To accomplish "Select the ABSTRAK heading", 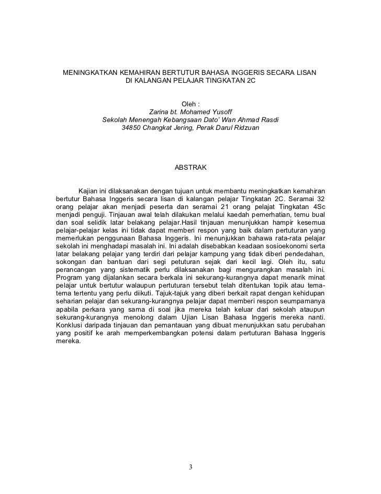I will click(x=190, y=168).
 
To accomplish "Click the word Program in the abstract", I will click(x=69, y=277).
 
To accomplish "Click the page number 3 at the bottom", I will click(x=191, y=467).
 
